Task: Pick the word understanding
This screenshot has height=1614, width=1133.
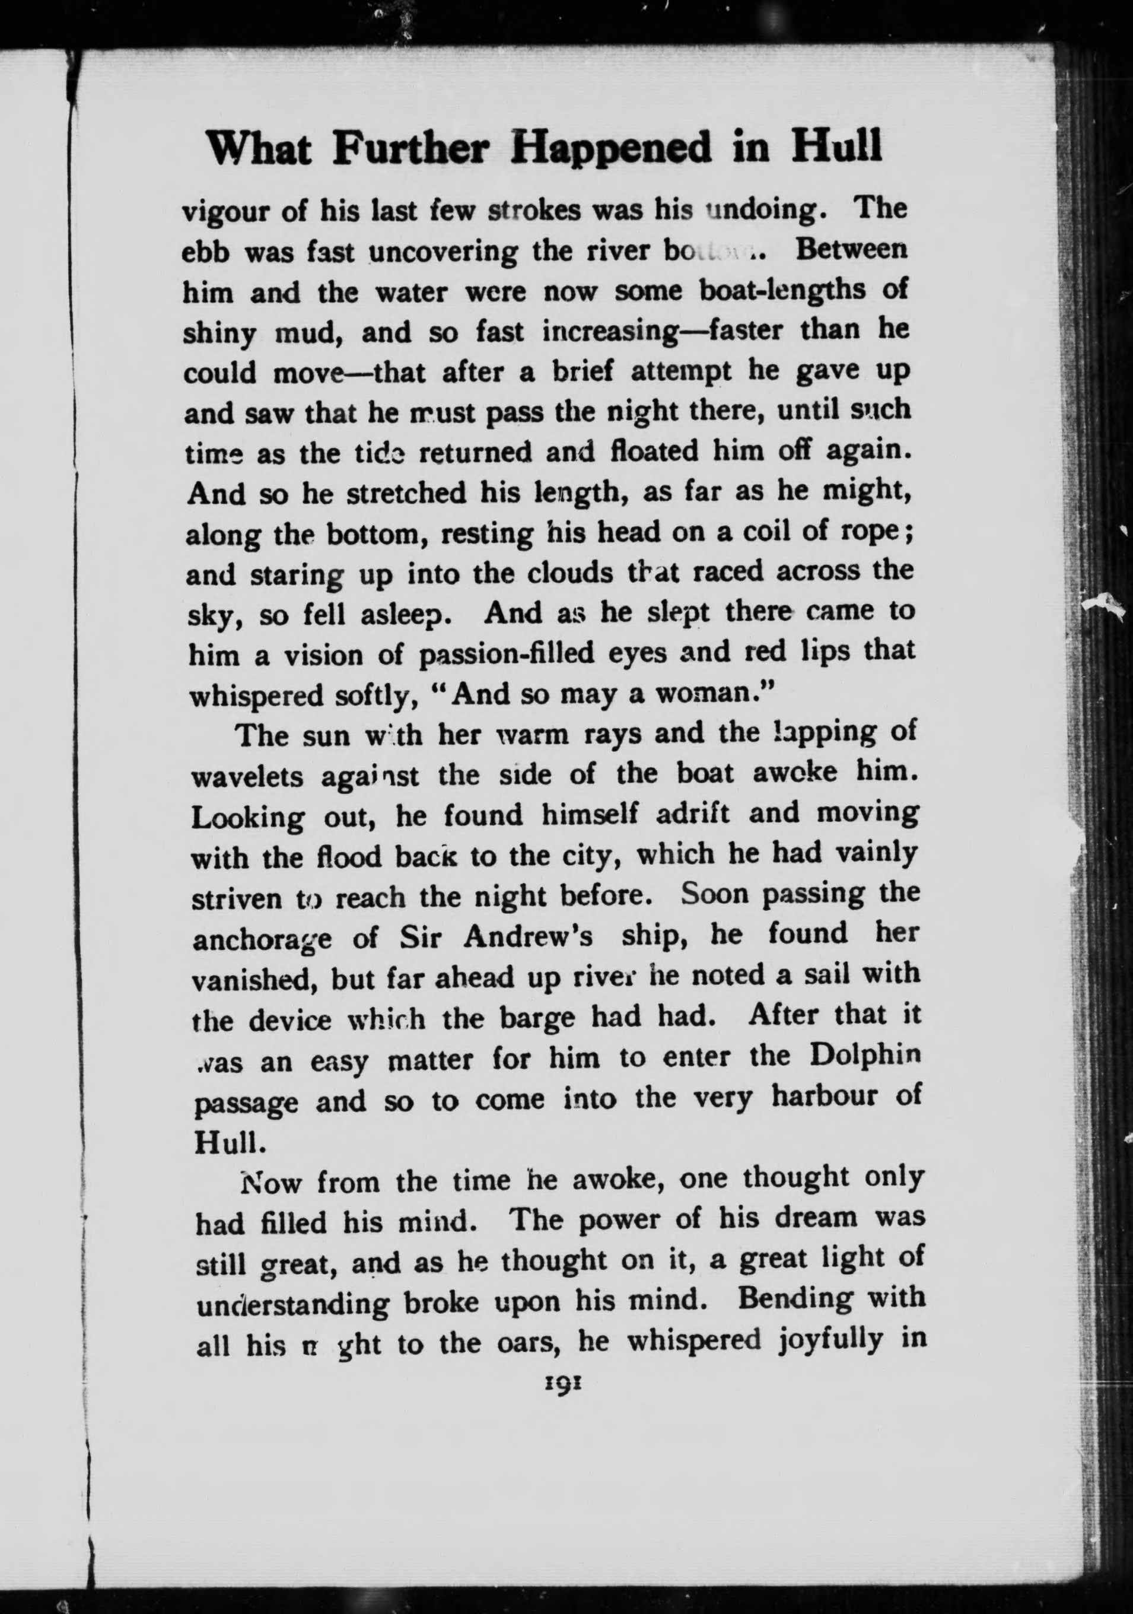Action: (x=292, y=1304)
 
